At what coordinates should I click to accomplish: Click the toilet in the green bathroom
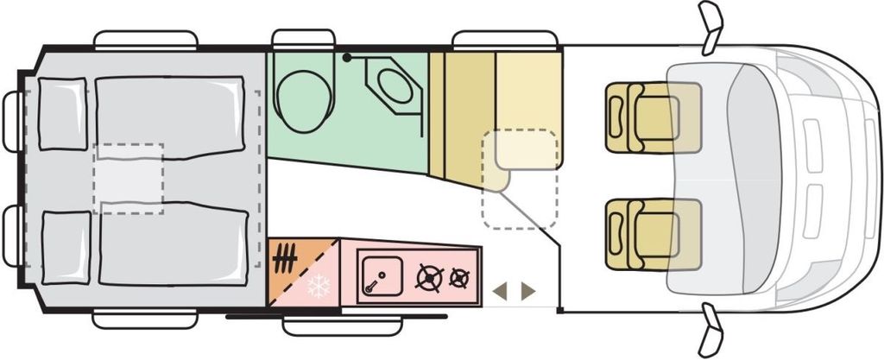[304, 99]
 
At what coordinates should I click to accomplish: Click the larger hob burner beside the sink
[428, 278]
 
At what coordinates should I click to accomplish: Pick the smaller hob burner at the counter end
[461, 278]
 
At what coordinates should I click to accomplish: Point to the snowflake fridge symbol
[319, 287]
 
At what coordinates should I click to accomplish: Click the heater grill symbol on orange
[287, 256]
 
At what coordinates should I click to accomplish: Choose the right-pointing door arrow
[527, 292]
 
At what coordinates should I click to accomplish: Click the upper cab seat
[643, 117]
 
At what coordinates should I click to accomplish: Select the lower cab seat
[643, 233]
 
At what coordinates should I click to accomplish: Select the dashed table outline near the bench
[519, 180]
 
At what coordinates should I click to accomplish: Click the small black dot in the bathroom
[346, 57]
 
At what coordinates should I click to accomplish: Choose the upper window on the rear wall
[12, 120]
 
